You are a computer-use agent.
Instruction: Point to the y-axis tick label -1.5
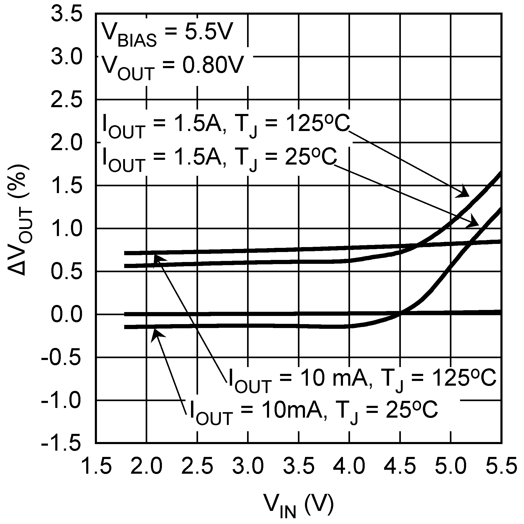tap(61, 444)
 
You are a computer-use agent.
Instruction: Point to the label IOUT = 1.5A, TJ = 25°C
tap(220, 159)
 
